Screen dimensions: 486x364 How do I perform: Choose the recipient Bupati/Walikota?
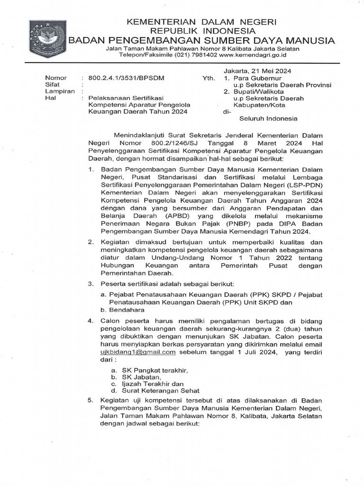(x=257, y=92)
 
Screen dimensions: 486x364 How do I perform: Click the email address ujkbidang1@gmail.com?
(x=138, y=352)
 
